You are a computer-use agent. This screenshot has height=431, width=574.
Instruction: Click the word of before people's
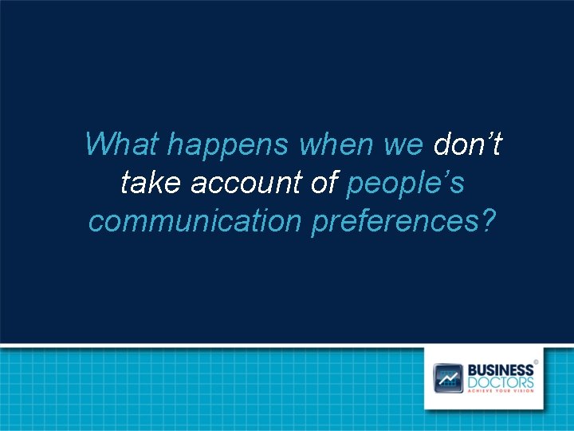point(324,184)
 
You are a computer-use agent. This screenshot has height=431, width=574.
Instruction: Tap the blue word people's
point(406,184)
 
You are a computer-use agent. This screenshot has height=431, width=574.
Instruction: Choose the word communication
point(195,221)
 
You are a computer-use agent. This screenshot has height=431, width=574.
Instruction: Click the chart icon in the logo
point(448,378)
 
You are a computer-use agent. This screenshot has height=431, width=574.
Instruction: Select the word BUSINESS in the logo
point(500,370)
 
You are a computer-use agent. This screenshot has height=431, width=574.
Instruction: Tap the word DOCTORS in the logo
point(500,382)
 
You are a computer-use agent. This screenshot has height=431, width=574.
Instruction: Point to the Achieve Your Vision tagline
point(500,392)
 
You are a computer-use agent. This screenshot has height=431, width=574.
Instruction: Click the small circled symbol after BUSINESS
point(536,362)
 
